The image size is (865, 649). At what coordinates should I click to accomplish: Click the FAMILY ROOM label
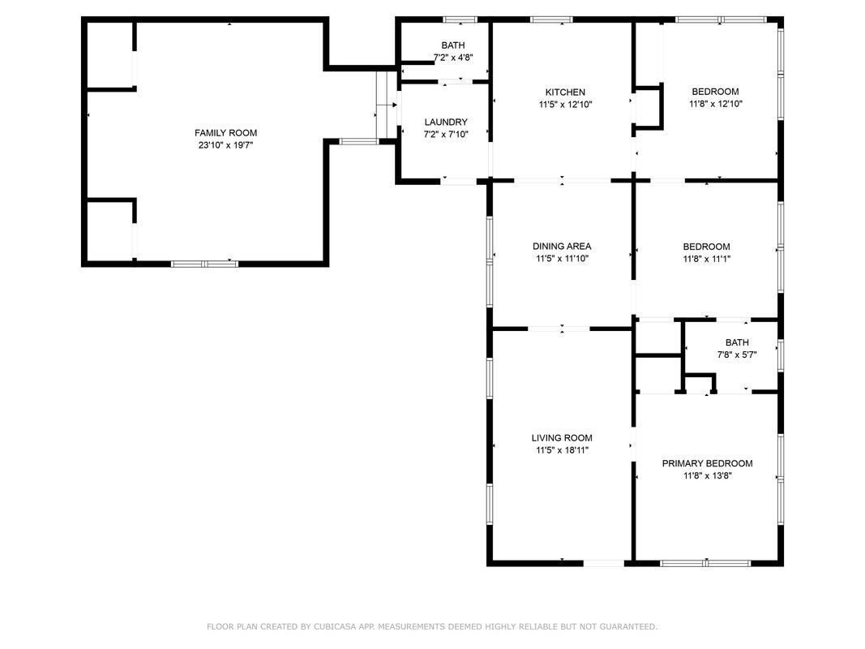coord(225,133)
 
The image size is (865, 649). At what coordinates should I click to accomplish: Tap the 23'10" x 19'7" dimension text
coord(225,146)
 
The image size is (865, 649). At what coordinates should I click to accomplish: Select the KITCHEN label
coord(565,92)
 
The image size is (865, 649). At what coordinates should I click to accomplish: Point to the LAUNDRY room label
coord(446,122)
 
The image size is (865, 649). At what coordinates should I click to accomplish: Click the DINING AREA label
coord(562,246)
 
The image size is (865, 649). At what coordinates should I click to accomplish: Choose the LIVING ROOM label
coord(562,437)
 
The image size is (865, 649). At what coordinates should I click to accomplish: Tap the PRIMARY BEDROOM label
coord(707,463)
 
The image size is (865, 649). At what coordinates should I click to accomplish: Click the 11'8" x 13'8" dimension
coord(707,475)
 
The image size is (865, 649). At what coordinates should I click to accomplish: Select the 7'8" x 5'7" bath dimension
coord(737,355)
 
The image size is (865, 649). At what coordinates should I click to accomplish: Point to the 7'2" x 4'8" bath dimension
coord(453,58)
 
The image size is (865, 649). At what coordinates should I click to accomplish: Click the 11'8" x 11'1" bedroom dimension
coord(707,259)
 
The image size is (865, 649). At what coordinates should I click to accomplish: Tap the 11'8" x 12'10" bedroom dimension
coord(716,104)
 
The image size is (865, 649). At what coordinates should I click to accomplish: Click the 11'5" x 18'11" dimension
coord(562,450)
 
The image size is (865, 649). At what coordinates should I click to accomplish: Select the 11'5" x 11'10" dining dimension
coord(562,258)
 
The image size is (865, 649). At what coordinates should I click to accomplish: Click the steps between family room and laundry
coord(387,105)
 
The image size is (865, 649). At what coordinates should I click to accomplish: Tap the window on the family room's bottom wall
coord(204,264)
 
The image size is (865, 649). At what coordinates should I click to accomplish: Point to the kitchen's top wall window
coord(551,19)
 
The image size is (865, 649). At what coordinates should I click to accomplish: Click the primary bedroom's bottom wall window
coord(705,564)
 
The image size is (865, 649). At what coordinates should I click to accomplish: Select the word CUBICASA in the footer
coord(336,627)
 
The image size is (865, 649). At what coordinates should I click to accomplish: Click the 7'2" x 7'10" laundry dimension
coord(446,134)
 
